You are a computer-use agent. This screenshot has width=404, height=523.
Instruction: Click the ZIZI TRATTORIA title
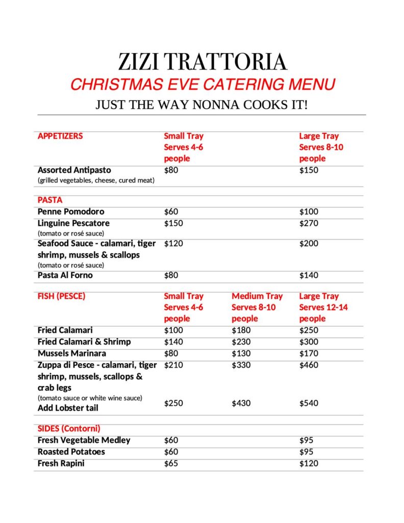tap(203, 62)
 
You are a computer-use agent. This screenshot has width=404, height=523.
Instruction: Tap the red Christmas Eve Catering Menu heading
tap(203, 84)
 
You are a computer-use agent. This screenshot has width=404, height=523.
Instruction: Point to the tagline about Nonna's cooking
tap(201, 105)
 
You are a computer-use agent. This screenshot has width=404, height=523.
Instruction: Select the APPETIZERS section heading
tap(60, 136)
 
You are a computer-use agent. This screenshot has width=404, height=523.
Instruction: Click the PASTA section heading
tap(50, 200)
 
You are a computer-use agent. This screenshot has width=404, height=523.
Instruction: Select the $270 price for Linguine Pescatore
tap(308, 223)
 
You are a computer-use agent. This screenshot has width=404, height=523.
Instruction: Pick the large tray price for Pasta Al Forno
tap(308, 276)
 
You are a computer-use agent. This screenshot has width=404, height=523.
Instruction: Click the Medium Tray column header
tap(257, 296)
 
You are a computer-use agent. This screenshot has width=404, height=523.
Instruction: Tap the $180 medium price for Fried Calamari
tap(241, 330)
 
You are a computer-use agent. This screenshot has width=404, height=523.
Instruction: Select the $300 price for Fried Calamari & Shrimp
tap(308, 342)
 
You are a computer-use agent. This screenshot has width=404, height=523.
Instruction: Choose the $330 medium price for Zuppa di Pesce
tap(241, 365)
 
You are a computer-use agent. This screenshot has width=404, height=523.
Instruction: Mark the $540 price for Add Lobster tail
tap(308, 403)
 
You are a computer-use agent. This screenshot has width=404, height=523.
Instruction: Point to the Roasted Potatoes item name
tap(71, 452)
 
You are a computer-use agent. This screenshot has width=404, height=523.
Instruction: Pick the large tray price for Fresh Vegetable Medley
tap(306, 440)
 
